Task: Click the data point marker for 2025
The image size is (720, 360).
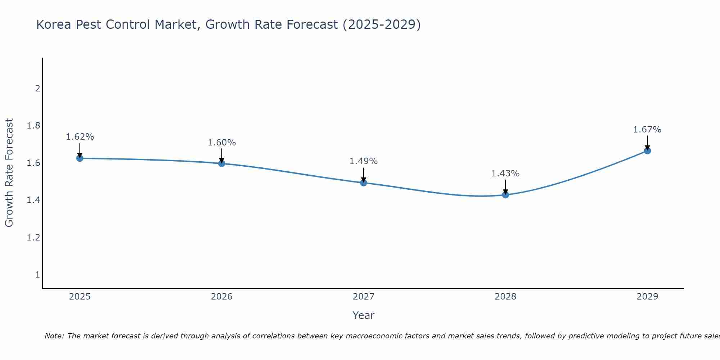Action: [x=80, y=158]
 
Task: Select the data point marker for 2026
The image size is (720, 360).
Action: [x=221, y=163]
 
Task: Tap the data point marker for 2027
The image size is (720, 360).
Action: [x=363, y=183]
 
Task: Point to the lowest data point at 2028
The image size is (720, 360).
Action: [x=505, y=195]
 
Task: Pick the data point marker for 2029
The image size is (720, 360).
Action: [x=647, y=151]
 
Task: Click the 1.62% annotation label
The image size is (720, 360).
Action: [x=80, y=137]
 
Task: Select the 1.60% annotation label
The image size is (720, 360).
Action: [x=221, y=143]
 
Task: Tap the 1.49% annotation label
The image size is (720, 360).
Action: [x=363, y=161]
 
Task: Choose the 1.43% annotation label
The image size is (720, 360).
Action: [x=505, y=174]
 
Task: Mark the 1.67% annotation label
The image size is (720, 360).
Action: [x=647, y=130]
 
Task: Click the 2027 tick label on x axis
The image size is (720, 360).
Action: [x=363, y=297]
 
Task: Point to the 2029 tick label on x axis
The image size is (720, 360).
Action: [x=647, y=297]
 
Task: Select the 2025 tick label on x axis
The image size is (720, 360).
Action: [x=80, y=297]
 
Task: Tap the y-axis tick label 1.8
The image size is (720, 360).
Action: [x=33, y=126]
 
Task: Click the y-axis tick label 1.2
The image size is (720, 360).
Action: [x=33, y=238]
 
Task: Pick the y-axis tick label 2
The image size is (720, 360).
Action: [x=37, y=88]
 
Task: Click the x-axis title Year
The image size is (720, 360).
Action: [x=363, y=315]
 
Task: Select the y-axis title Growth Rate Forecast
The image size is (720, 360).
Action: [x=9, y=173]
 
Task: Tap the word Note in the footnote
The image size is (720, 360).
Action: [x=54, y=336]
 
